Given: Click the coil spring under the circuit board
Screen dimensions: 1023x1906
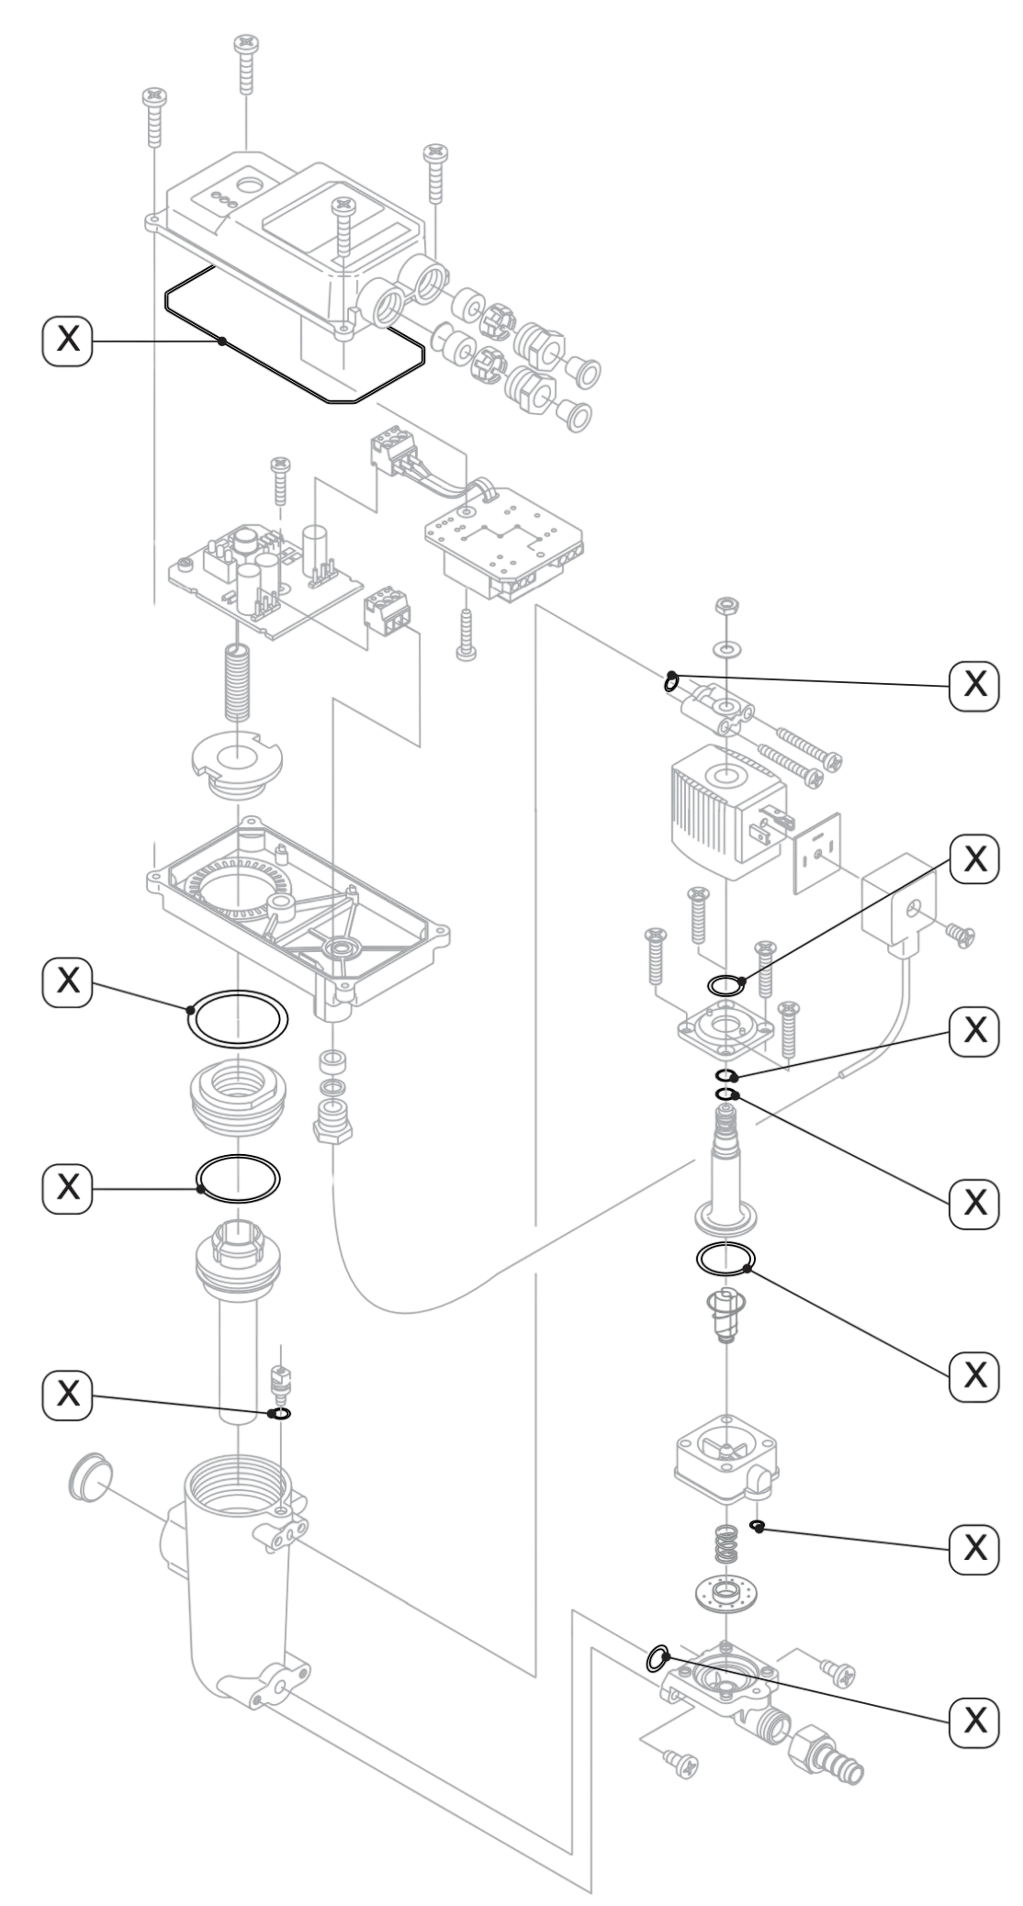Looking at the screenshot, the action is pos(238,682).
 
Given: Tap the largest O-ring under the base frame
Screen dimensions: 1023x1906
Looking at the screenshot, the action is pos(238,1018).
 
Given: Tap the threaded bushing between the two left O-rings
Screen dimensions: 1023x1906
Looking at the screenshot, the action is pos(238,1098).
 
